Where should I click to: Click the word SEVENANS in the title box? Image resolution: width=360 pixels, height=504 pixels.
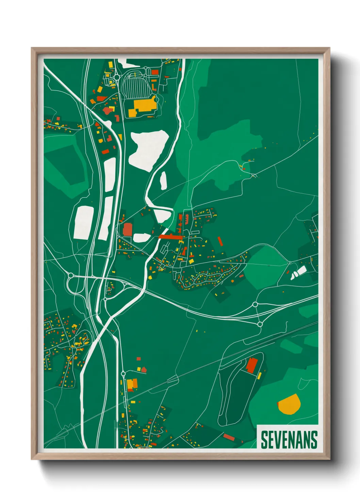tap(289, 440)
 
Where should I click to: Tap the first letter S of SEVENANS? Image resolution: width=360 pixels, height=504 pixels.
tap(264, 440)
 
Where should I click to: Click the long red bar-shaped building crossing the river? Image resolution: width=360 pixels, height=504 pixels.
tap(171, 236)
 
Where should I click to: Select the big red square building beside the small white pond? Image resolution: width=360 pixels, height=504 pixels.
tap(128, 230)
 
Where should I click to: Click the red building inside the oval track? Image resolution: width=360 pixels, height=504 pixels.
tap(252, 366)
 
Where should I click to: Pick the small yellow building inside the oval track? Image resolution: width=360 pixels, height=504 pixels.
tap(259, 376)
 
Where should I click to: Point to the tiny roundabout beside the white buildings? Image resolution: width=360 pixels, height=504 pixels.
tap(290, 263)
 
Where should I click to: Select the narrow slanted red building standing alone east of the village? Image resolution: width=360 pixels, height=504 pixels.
tap(220, 241)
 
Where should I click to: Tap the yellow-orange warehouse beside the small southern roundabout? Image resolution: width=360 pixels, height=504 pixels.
tap(132, 384)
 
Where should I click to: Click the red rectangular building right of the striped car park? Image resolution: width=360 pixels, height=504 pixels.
tap(155, 72)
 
